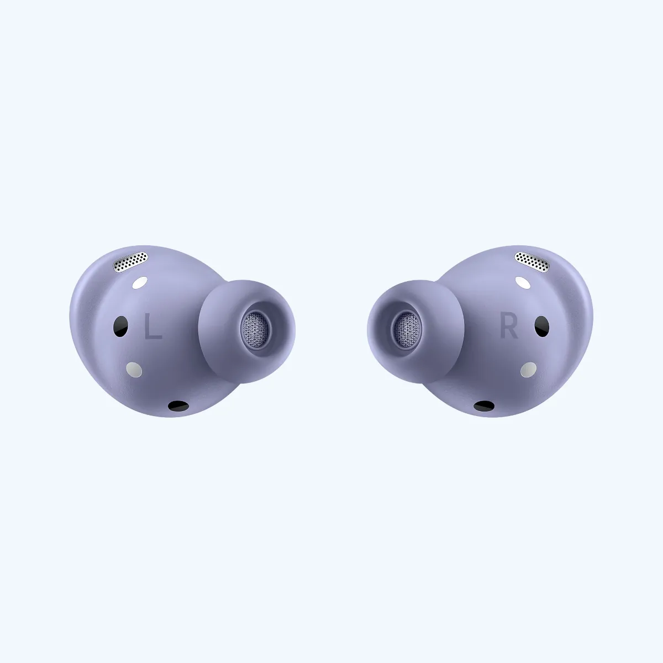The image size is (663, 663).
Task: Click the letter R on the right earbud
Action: [x=509, y=328]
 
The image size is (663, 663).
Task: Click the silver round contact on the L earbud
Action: [x=133, y=369]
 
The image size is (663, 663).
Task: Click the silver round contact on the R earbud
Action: [x=529, y=369]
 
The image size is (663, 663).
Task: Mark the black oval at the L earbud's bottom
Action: [x=177, y=406]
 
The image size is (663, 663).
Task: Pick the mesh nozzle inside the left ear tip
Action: [x=255, y=327]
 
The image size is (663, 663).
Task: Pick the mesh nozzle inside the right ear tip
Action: [x=407, y=327]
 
